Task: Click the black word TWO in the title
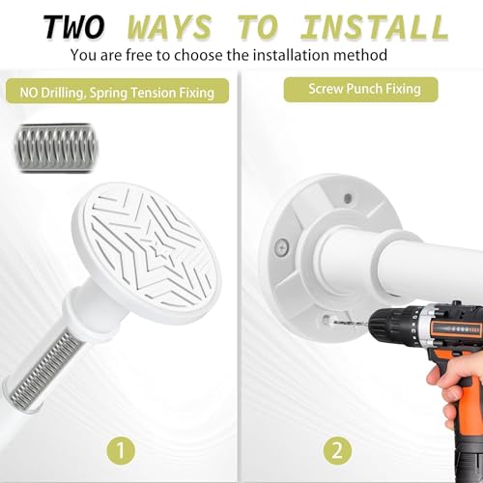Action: tap(73, 27)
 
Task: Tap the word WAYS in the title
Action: tap(169, 27)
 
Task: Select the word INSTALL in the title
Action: tap(375, 27)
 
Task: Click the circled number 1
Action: tap(121, 450)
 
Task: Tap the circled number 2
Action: tap(337, 450)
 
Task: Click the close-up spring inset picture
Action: tap(56, 148)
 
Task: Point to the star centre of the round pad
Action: tap(156, 248)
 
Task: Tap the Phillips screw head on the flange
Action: tap(282, 248)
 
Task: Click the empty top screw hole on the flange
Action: tap(348, 198)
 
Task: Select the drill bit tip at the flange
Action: tap(330, 321)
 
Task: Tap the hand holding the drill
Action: tap(455, 388)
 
